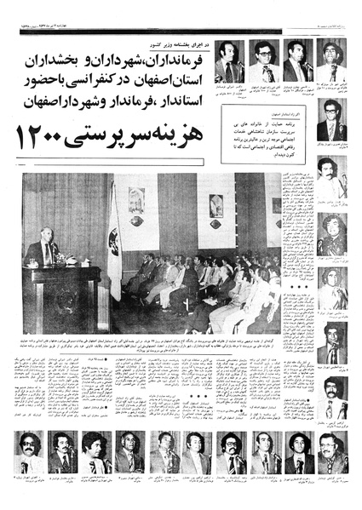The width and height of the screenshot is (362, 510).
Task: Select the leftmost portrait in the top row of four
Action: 228,60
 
